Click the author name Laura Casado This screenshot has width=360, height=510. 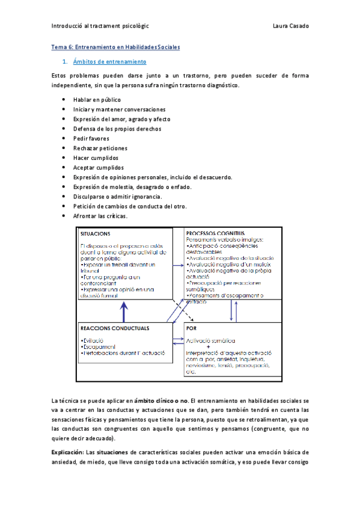pos(291,26)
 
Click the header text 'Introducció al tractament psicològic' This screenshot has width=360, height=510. pos(100,26)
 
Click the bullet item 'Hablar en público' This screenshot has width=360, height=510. pos(97,100)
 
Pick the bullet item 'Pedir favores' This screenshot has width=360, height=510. pos(93,138)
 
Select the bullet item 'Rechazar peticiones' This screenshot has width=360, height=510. pos(100,148)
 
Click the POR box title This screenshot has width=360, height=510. pos(192,329)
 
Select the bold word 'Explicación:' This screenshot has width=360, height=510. pos(68,452)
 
